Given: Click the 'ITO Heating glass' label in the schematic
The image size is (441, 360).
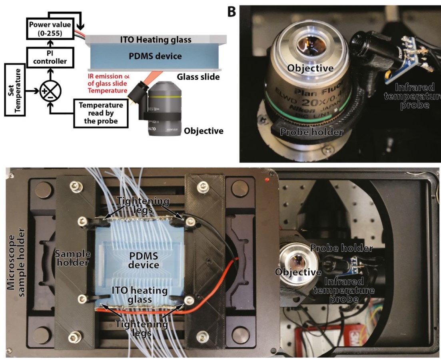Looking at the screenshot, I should (x=156, y=40).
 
